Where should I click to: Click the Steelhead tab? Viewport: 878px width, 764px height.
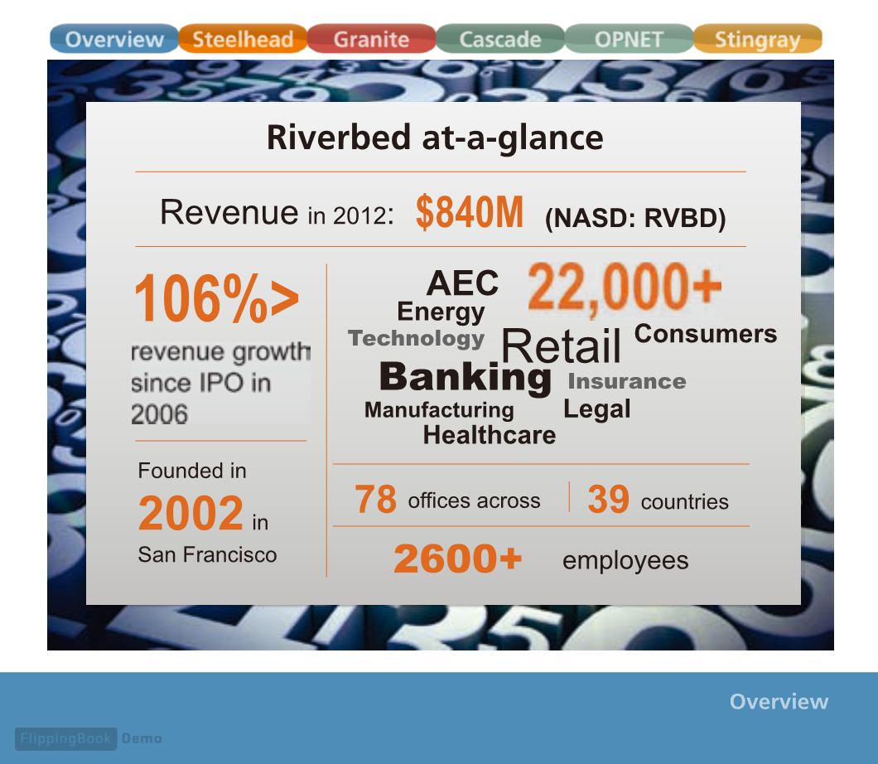243,39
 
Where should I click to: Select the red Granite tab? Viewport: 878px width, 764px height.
371,39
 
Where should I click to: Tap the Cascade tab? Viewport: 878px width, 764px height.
500,39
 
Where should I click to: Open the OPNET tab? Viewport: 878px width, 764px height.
629,39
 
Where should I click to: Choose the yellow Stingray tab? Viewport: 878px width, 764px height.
758,39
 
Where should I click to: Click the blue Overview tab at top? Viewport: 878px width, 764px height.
114,39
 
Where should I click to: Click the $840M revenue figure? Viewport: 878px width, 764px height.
470,212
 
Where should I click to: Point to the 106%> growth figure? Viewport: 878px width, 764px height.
217,298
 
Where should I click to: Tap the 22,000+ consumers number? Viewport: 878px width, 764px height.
625,288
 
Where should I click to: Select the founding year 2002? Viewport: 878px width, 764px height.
191,512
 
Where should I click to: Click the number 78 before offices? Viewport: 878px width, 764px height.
375,499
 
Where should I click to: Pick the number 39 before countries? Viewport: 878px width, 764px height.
608,499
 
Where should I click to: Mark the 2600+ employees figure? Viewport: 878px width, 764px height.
457,558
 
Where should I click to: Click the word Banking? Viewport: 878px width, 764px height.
466,377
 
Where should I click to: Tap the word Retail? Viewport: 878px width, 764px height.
561,346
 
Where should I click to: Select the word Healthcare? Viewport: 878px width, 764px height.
490,435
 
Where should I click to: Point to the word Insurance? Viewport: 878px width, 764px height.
627,381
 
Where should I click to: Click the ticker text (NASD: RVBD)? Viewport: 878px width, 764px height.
635,218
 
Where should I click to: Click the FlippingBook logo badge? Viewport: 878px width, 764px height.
66,739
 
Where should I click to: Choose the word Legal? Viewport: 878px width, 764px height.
597,409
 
